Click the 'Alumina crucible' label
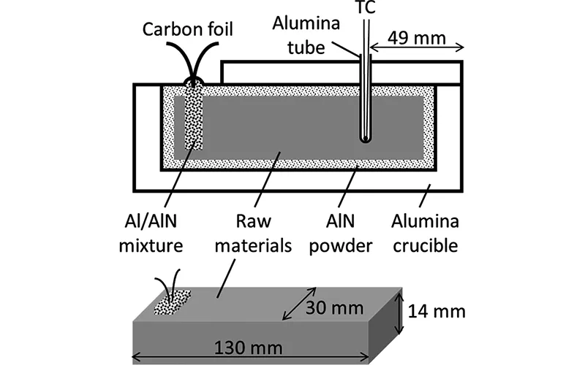(426, 232)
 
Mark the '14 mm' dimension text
(437, 312)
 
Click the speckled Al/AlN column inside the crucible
(193, 117)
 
